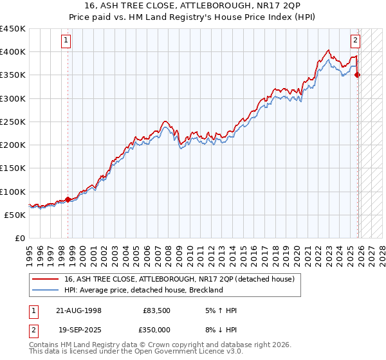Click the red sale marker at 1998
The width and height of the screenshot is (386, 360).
pyautogui.click(x=68, y=199)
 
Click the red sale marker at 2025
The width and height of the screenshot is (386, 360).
pyautogui.click(x=358, y=75)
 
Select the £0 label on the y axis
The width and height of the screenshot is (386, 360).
pyautogui.click(x=20, y=239)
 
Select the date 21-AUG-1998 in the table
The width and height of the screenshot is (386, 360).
pyautogui.click(x=79, y=310)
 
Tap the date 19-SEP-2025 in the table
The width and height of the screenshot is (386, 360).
pyautogui.click(x=79, y=329)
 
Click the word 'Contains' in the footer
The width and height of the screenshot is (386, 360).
pyautogui.click(x=44, y=346)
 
